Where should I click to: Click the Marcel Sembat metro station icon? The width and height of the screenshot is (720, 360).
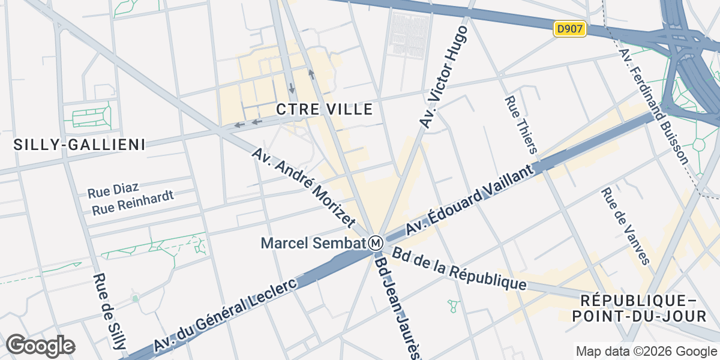(x=376, y=243)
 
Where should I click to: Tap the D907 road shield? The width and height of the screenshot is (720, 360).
(x=569, y=29)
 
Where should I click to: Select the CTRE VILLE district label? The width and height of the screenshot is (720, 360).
(x=325, y=109)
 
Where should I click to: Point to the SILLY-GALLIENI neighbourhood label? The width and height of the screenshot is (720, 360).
(x=80, y=144)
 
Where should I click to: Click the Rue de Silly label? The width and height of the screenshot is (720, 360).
(x=109, y=311)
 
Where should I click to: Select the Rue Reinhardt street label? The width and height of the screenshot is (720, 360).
(x=133, y=203)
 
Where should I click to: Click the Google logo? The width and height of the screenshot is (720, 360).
(x=40, y=346)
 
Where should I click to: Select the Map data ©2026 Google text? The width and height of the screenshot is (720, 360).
(x=646, y=351)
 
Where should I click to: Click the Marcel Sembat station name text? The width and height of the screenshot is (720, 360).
(x=313, y=243)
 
